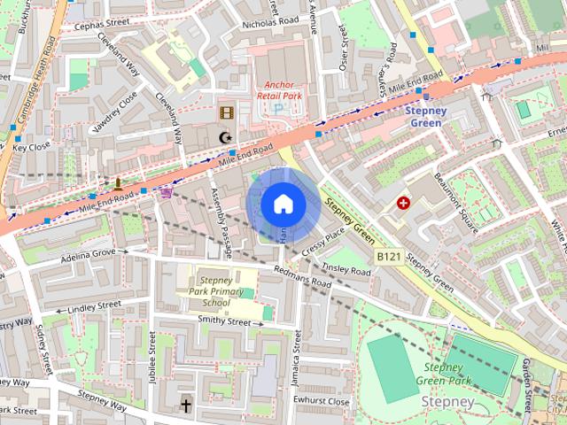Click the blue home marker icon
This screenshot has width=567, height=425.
pyautogui.click(x=283, y=205)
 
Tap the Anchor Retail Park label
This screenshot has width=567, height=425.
pyautogui.click(x=277, y=90)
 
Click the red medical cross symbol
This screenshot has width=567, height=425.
pyautogui.click(x=405, y=204)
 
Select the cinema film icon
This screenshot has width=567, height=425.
pyautogui.click(x=227, y=112)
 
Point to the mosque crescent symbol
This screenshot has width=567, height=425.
pyautogui.click(x=226, y=137)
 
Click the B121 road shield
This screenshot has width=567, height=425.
pyautogui.click(x=388, y=256)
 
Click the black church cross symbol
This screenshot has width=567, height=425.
pyautogui.click(x=186, y=405)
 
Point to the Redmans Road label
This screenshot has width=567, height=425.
pyautogui.click(x=302, y=277)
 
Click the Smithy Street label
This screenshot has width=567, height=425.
pyautogui.click(x=224, y=321)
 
